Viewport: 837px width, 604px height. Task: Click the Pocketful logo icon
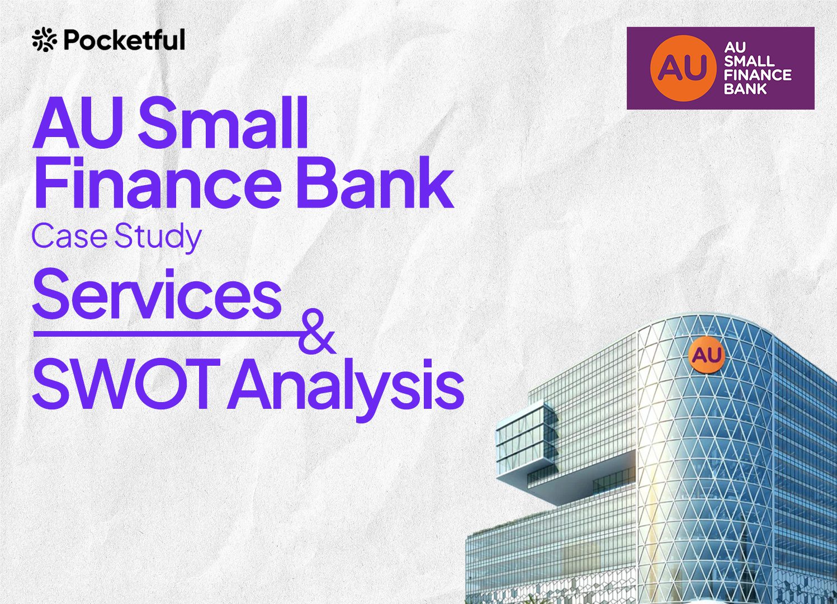tap(45, 39)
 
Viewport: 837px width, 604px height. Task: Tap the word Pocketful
tap(125, 39)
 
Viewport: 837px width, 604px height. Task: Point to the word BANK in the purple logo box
tap(740, 89)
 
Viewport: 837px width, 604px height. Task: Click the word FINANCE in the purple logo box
tap(758, 75)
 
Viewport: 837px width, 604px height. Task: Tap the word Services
tap(157, 294)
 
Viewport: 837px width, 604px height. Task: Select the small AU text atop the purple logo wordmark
tap(735, 48)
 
